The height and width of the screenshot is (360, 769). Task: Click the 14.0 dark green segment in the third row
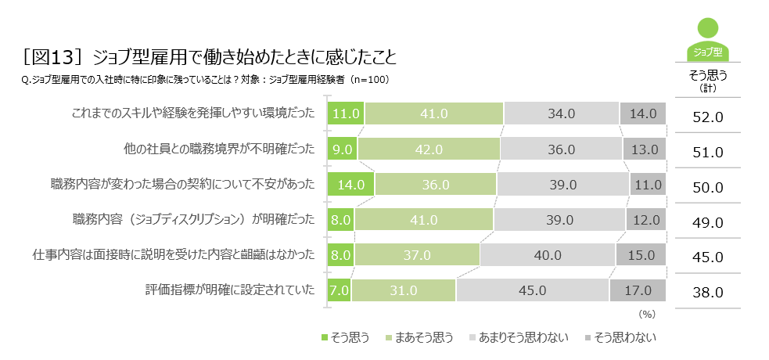[350, 185]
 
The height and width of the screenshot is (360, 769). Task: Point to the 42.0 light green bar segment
[429, 149]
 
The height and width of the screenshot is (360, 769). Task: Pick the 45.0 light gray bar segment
[532, 290]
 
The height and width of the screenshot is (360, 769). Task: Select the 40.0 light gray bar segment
[547, 255]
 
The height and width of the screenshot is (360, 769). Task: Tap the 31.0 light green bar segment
[403, 290]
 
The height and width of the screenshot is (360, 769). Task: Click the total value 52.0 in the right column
[708, 117]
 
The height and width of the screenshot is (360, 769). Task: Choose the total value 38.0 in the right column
[708, 293]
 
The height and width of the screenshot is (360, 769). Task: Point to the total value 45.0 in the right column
[708, 257]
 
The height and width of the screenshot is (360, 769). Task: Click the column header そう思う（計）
[708, 80]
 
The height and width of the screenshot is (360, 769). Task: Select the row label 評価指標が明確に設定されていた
[230, 290]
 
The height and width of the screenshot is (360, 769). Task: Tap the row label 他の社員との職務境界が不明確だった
[219, 149]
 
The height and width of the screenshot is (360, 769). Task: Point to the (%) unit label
[646, 314]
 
